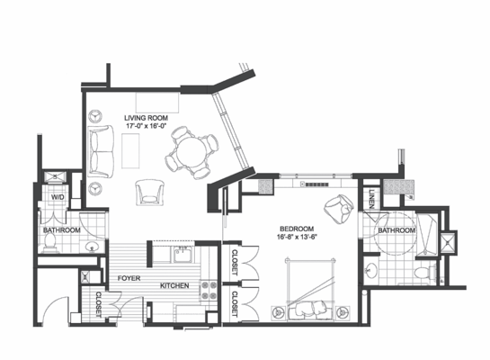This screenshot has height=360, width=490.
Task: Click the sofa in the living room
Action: pos(101,148)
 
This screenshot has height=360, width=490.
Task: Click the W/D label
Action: pos(57,196)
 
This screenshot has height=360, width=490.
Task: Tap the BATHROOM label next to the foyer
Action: pos(62,230)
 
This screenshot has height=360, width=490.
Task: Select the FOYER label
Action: pos(129,279)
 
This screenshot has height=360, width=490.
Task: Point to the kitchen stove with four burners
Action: pos(209,289)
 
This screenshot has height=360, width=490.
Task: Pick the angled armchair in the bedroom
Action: pos(339,209)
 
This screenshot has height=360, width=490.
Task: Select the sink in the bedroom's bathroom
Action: pos(374,269)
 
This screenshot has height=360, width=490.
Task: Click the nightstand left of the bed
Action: pos(276,310)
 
